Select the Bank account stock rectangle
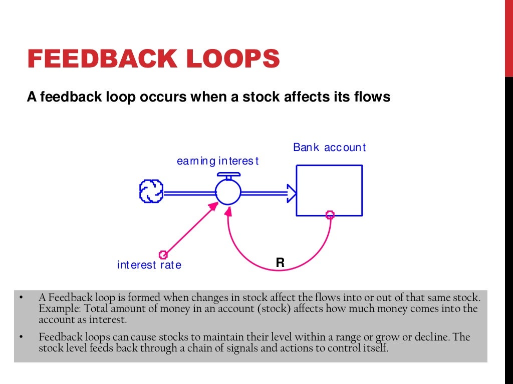click(329, 190)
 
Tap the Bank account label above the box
click(329, 147)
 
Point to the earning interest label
click(218, 161)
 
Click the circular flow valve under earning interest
click(228, 191)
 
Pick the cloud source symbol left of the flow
click(151, 191)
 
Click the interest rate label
click(149, 265)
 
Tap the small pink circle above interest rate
click(162, 253)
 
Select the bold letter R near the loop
click(280, 262)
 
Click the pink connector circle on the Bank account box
click(330, 215)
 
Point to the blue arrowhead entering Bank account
click(291, 192)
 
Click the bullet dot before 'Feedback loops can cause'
click(22, 337)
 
